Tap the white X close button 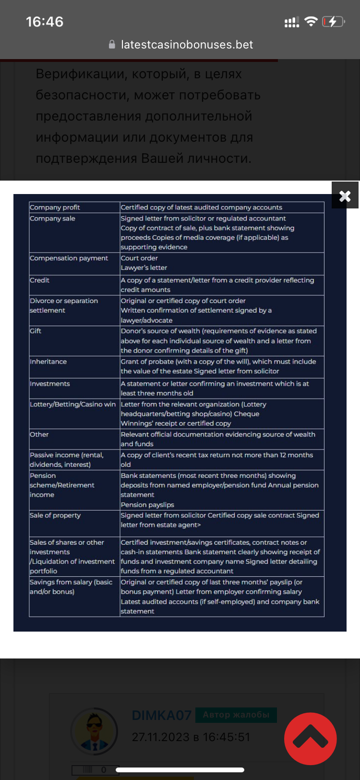[345, 195]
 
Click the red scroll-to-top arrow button [310, 739]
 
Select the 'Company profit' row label [55, 207]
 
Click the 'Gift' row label [36, 331]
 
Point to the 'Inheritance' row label [48, 362]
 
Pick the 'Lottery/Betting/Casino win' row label [72, 404]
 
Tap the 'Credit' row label [39, 280]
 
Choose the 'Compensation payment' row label [69, 258]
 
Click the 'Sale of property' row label [55, 515]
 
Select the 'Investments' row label [49, 384]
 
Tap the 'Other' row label [39, 435]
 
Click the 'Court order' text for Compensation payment [139, 258]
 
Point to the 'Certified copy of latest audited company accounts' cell [201, 207]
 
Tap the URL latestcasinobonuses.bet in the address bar [187, 45]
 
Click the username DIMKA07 [161, 716]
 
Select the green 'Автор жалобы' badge [236, 715]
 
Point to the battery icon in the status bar [333, 22]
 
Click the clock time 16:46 [44, 22]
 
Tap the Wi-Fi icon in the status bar [311, 22]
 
